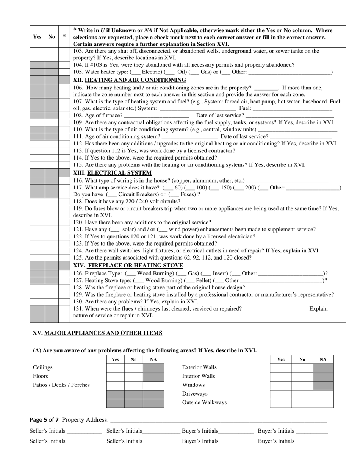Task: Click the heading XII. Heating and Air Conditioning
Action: [x=129, y=80]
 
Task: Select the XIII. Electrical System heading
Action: [x=112, y=173]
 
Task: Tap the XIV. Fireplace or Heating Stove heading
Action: [x=128, y=265]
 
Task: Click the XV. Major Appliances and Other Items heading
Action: [x=97, y=333]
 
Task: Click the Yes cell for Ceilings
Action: [x=116, y=367]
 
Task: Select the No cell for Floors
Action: [x=134, y=376]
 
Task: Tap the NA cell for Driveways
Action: [x=323, y=394]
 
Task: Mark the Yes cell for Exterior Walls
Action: [x=281, y=367]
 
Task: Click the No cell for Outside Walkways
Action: [x=302, y=403]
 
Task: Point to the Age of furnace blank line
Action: [x=156, y=115]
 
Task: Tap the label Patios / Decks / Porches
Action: [x=61, y=385]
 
